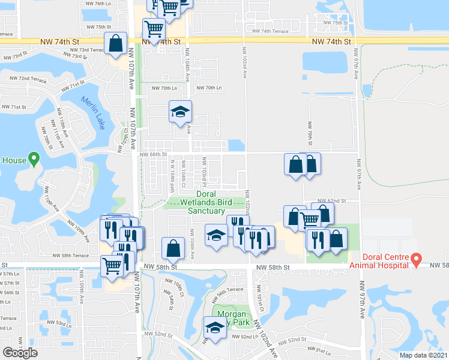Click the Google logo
pos(20,352)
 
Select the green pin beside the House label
pos(34,160)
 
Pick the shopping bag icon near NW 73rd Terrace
pos(115,43)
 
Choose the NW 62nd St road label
pos(333,200)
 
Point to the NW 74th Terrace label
pos(271,31)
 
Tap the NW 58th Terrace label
pos(71,256)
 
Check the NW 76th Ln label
pos(98,4)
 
